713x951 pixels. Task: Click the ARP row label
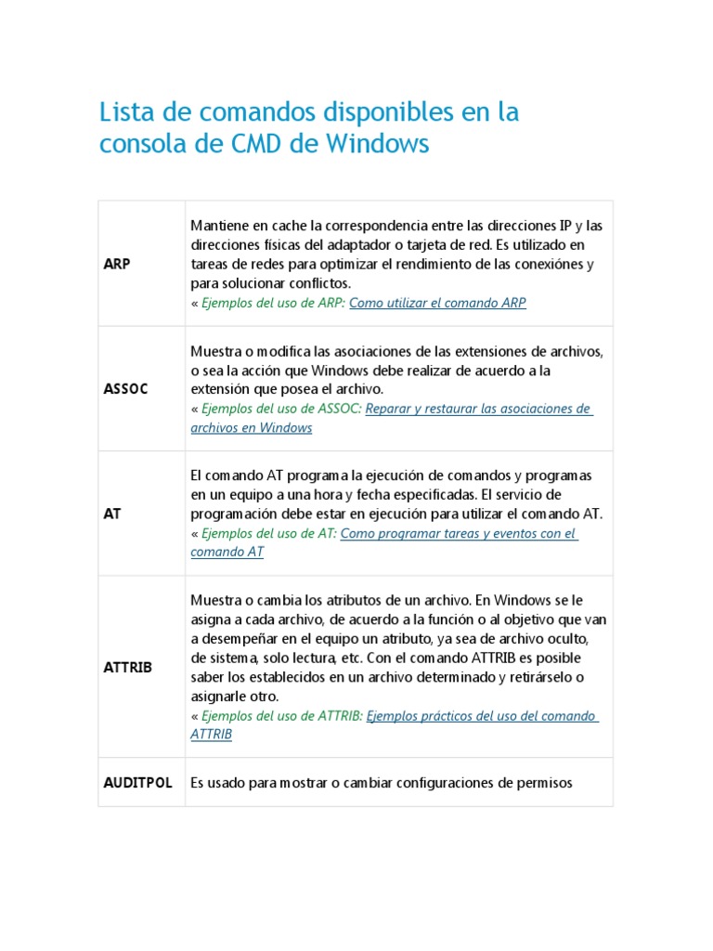(x=116, y=264)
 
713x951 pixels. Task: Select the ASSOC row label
(x=125, y=388)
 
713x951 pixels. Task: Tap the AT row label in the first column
(x=111, y=514)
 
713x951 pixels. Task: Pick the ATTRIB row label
(x=127, y=668)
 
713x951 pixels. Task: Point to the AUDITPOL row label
(x=137, y=783)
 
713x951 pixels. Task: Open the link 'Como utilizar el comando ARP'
(x=437, y=304)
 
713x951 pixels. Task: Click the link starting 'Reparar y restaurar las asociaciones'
(x=478, y=410)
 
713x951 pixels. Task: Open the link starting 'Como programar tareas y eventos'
(x=459, y=534)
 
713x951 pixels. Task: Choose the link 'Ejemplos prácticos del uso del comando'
(x=482, y=716)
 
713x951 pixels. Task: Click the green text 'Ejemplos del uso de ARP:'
(x=273, y=304)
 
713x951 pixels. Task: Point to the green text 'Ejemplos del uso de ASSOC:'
(x=281, y=410)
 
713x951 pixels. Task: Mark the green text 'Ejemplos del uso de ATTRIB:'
(x=282, y=716)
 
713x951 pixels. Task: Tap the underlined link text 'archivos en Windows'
(x=251, y=428)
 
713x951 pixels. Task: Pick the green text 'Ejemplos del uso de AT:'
(x=268, y=534)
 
